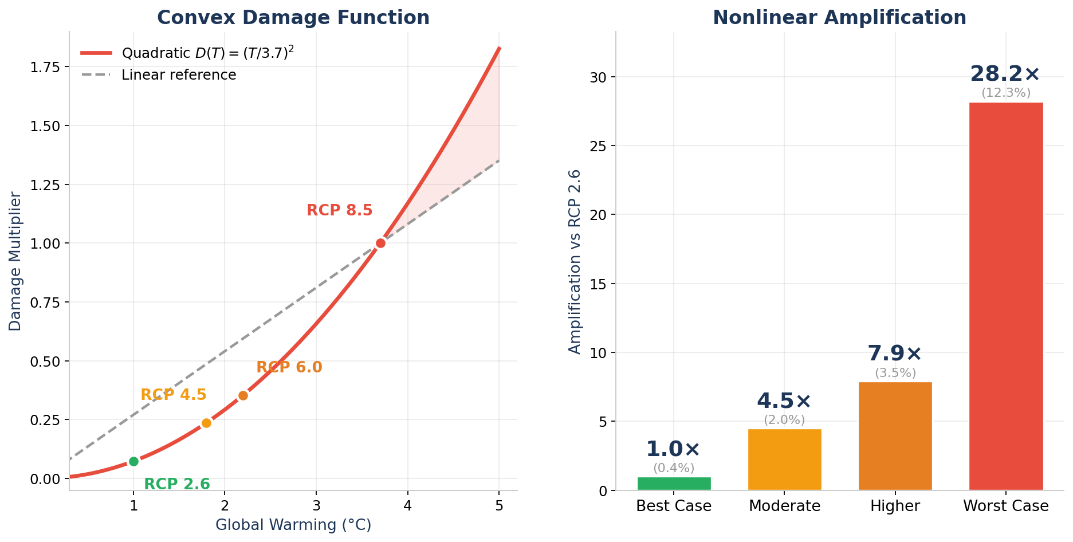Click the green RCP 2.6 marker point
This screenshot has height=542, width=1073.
tap(133, 461)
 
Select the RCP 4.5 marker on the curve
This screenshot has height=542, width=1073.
tap(206, 423)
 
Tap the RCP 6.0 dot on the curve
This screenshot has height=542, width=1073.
tap(243, 395)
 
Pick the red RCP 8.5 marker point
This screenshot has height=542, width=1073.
tap(380, 243)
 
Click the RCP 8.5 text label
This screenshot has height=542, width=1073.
tap(339, 210)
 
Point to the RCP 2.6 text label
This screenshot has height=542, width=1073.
tap(177, 484)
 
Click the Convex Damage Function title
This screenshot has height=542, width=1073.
tap(293, 18)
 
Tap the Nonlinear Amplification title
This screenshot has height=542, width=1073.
tap(839, 18)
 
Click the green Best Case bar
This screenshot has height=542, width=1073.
tap(674, 484)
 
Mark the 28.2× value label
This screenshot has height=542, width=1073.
tap(1005, 74)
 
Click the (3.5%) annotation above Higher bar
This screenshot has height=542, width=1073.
tap(895, 373)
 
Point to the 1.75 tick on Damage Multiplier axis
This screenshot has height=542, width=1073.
tap(46, 68)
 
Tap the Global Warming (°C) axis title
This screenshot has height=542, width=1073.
tap(293, 525)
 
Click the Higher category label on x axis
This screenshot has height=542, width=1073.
tap(895, 506)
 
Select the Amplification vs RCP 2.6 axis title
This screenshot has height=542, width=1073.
tap(575, 261)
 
